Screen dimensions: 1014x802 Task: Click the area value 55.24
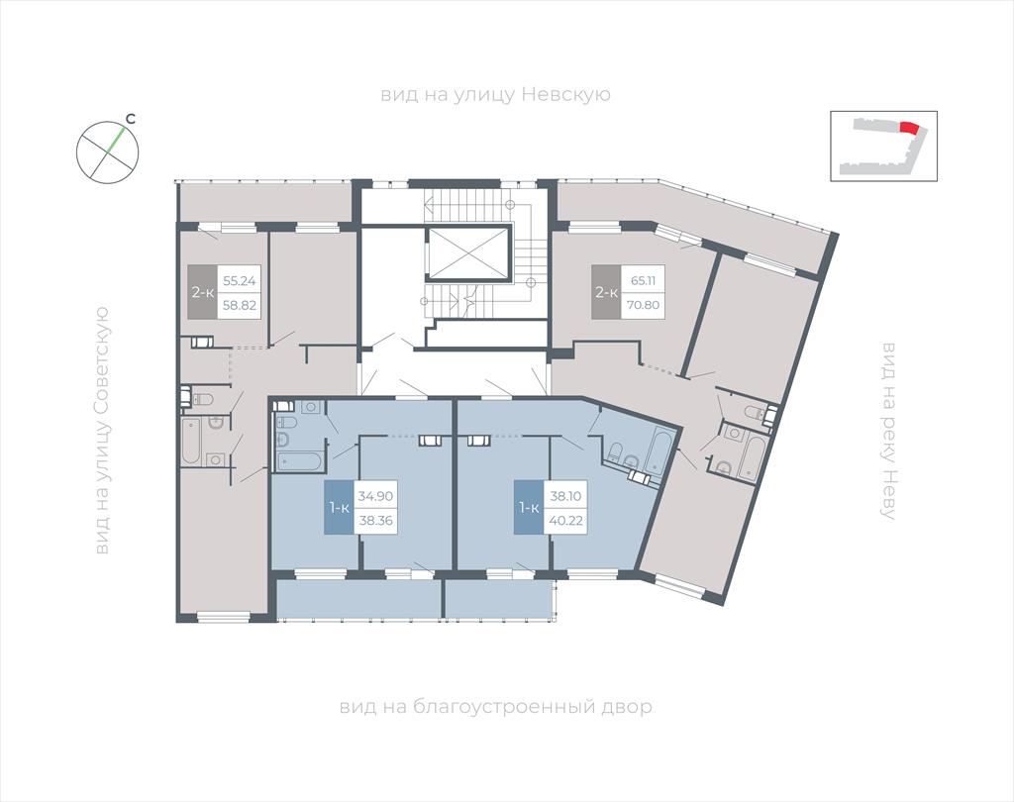click(x=240, y=281)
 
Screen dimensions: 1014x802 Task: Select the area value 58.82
click(x=240, y=305)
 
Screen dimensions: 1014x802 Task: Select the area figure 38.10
click(x=565, y=496)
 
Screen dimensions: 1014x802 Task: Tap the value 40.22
click(x=565, y=520)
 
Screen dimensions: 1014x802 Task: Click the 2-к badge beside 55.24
click(x=202, y=292)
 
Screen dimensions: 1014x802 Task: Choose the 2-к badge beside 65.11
click(x=606, y=292)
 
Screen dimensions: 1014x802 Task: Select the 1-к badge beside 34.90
click(x=339, y=508)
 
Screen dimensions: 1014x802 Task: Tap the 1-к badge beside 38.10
click(x=529, y=508)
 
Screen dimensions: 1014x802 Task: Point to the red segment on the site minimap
click(x=909, y=128)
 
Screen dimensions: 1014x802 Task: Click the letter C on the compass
click(x=130, y=119)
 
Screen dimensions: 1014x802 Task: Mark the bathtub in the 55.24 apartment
click(x=191, y=442)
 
